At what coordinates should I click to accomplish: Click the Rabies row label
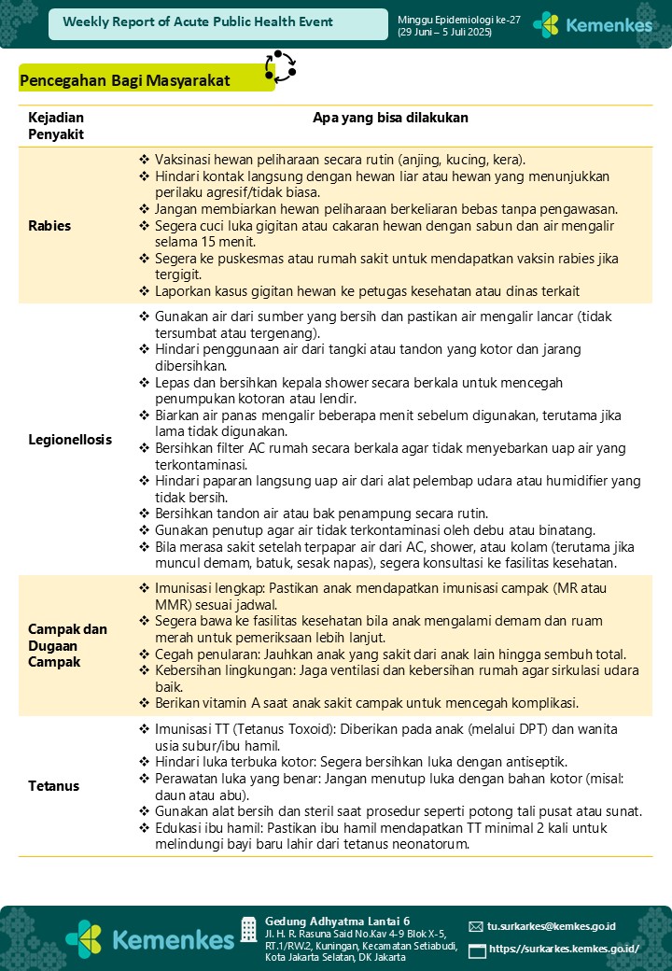point(49,226)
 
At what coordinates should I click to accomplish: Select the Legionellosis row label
point(70,439)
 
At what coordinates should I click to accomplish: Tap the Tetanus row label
point(53,786)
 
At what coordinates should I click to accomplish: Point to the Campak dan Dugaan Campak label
point(67,645)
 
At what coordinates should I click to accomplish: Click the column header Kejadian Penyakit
point(56,126)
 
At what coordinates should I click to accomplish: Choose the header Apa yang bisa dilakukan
point(390,119)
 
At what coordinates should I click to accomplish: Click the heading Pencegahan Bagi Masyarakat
point(124,81)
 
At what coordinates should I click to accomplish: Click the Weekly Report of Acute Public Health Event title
point(198,22)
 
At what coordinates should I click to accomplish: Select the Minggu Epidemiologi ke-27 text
point(444,19)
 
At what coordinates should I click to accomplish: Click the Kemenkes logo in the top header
point(592,24)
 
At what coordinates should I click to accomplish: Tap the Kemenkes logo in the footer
point(149,938)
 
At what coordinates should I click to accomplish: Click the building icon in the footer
point(248,929)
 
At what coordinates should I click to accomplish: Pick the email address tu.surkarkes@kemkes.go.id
point(552,926)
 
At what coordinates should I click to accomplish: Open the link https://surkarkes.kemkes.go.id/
point(564,950)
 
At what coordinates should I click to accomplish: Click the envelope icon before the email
point(476,926)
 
